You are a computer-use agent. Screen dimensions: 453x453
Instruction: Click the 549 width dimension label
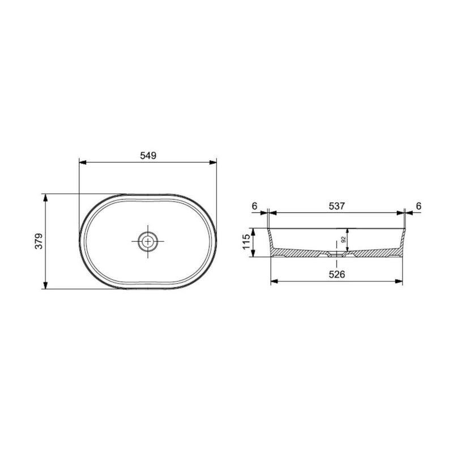pyautogui.click(x=148, y=155)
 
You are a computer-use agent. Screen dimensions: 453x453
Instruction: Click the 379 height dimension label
pyautogui.click(x=39, y=241)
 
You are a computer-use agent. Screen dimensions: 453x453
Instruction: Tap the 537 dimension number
pyautogui.click(x=337, y=206)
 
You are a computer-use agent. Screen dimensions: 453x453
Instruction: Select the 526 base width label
pyautogui.click(x=337, y=274)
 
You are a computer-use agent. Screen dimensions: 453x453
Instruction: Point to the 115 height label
pyautogui.click(x=246, y=242)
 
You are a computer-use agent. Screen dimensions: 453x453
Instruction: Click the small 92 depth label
pyautogui.click(x=344, y=240)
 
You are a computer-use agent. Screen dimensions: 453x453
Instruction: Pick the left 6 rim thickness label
pyautogui.click(x=254, y=206)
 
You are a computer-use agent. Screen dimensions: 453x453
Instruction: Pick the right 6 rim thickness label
pyautogui.click(x=418, y=206)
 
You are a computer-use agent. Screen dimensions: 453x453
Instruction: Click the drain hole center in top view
pyautogui.click(x=148, y=241)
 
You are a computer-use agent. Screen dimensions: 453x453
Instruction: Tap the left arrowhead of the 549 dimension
pyautogui.click(x=83, y=163)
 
